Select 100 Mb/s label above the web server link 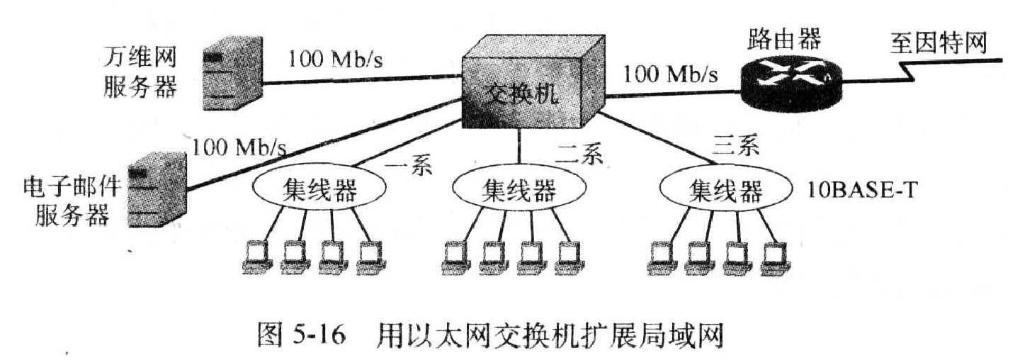click(x=334, y=59)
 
